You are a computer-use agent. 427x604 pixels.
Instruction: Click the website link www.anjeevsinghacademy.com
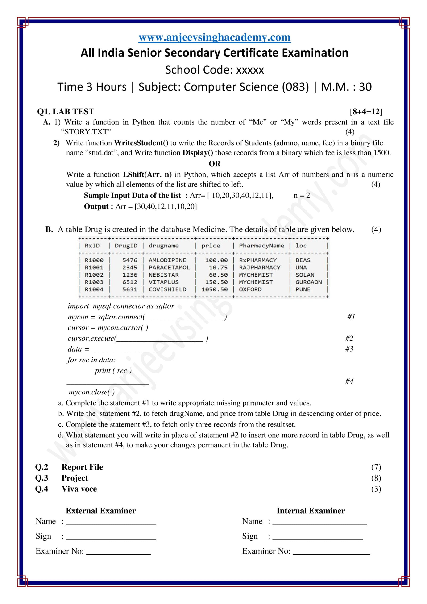(215, 37)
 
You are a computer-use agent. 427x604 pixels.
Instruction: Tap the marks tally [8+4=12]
(366, 112)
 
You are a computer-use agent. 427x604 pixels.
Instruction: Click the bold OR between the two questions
(215, 164)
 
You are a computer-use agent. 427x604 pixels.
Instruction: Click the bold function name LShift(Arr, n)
(147, 175)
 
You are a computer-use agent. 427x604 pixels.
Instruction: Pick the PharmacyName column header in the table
(261, 246)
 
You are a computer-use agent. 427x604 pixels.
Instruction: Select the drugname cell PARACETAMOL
(169, 268)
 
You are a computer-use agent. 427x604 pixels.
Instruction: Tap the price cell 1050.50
(215, 289)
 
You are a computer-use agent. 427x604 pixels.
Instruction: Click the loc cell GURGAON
(308, 282)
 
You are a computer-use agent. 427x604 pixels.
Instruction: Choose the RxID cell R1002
(94, 275)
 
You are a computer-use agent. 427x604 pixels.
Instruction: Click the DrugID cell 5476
(130, 260)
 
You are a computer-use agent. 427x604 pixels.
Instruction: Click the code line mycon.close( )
(91, 392)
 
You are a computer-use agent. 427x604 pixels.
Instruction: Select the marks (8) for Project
(376, 478)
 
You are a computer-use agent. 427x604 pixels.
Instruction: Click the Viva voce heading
(79, 489)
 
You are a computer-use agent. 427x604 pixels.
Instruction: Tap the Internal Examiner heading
(311, 511)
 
